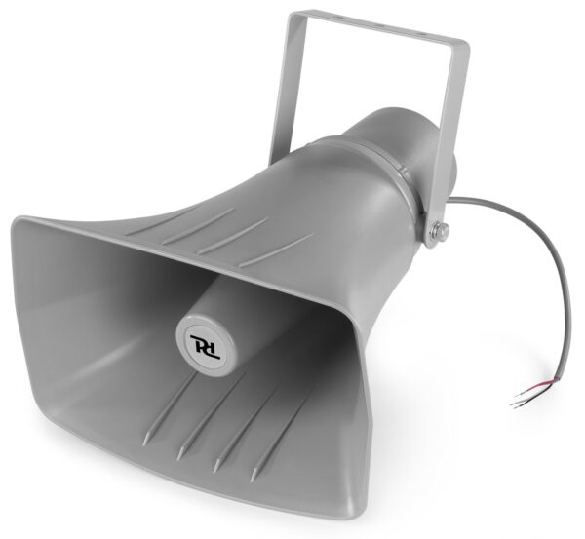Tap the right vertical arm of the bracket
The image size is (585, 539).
(x=446, y=127)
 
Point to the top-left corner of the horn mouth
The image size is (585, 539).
(x=18, y=223)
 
